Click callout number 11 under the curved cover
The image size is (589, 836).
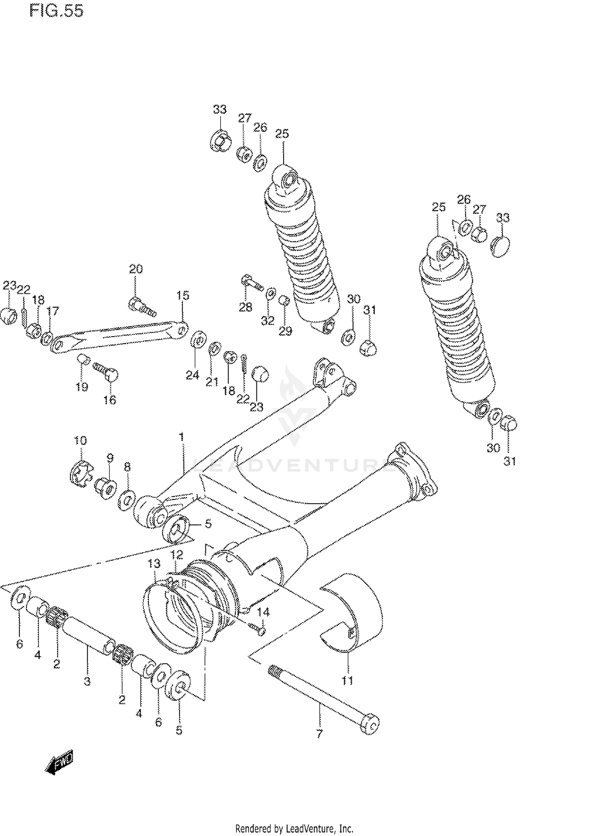click(347, 680)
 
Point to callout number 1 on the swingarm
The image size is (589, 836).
click(181, 437)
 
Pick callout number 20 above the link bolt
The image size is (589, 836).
click(136, 269)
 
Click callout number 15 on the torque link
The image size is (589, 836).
click(183, 295)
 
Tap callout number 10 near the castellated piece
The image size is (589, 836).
click(80, 440)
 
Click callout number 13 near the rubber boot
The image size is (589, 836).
click(154, 564)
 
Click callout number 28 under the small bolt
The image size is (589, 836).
click(245, 307)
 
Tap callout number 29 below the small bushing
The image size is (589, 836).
click(285, 331)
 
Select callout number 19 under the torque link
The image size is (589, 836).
click(82, 387)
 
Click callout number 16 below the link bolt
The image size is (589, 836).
click(110, 400)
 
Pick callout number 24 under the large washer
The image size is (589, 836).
click(192, 375)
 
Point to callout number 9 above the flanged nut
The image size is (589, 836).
click(110, 457)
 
